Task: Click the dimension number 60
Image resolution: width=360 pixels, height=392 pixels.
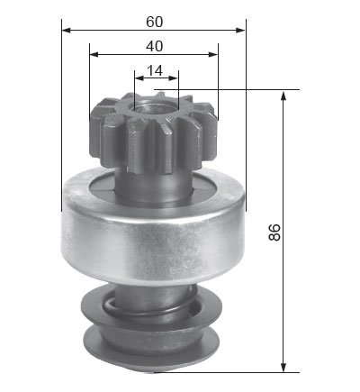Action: point(155,22)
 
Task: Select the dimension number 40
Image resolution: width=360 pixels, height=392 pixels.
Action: point(155,47)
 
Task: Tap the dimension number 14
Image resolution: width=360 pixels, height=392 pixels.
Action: point(155,70)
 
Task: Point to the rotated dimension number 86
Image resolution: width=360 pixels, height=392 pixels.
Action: point(274,232)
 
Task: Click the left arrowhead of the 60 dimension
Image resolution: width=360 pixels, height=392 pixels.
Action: point(66,30)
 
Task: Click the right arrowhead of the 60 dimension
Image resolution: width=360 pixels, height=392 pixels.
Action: point(241,30)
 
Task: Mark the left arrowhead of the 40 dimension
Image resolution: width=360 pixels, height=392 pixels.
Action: point(94,54)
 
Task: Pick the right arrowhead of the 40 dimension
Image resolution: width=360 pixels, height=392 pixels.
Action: point(213,54)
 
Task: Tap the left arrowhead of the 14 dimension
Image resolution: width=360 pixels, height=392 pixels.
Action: point(139,78)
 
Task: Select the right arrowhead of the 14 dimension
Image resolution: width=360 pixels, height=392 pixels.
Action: point(174,78)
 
